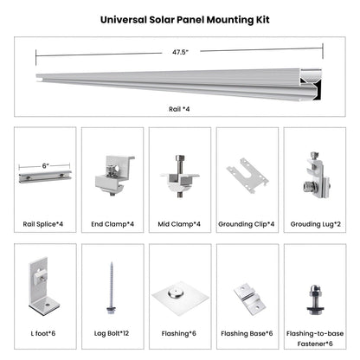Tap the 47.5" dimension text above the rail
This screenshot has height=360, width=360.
click(180, 52)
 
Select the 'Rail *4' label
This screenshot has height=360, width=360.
click(179, 110)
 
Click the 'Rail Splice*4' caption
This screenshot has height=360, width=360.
click(45, 224)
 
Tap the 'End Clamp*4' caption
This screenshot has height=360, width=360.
click(112, 224)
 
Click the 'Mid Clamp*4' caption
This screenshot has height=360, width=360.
click(180, 224)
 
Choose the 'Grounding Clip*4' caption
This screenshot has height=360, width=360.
click(247, 224)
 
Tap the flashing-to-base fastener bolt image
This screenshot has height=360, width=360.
click(314, 290)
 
